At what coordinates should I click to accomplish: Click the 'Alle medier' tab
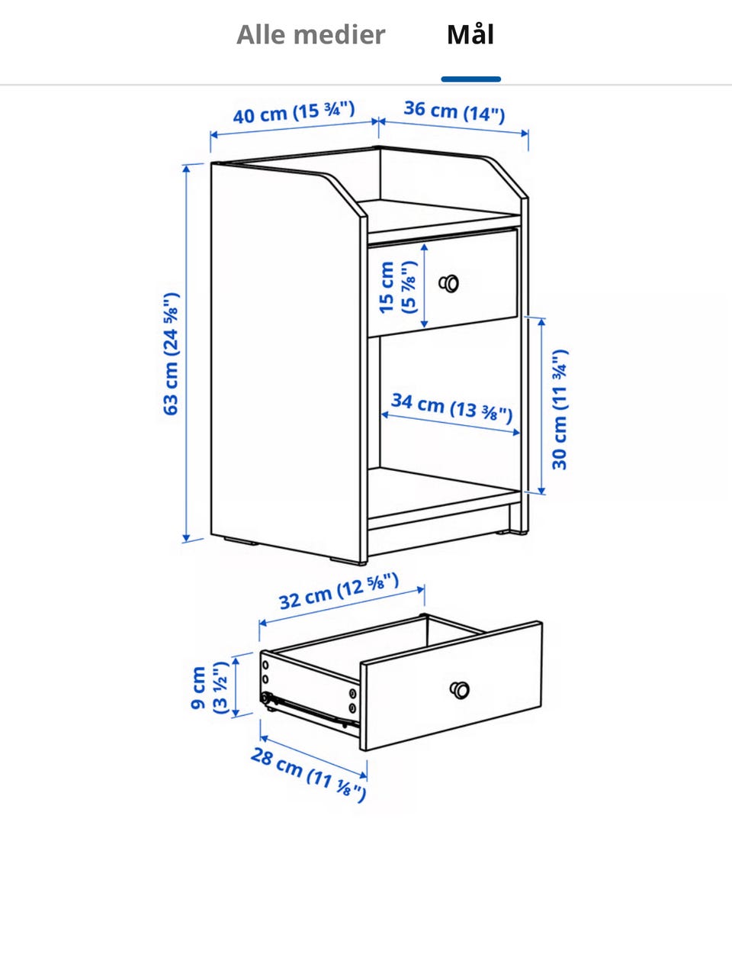[x=310, y=34]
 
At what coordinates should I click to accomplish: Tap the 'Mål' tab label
[x=470, y=34]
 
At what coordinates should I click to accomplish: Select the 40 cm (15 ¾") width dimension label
[x=294, y=112]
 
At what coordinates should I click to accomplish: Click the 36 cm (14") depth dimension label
[x=454, y=112]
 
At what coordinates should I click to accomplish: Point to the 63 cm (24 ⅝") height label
[x=171, y=353]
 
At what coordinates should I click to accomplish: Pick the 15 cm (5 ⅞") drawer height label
[x=398, y=287]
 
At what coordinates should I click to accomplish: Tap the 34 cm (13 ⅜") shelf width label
[x=452, y=408]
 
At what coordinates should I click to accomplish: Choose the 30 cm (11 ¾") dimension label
[x=560, y=409]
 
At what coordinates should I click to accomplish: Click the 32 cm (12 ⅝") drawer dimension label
[x=339, y=591]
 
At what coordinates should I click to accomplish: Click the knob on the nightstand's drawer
[x=449, y=283]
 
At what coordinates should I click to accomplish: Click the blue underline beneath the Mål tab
[x=471, y=79]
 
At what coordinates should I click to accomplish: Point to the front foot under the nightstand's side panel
[x=347, y=560]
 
